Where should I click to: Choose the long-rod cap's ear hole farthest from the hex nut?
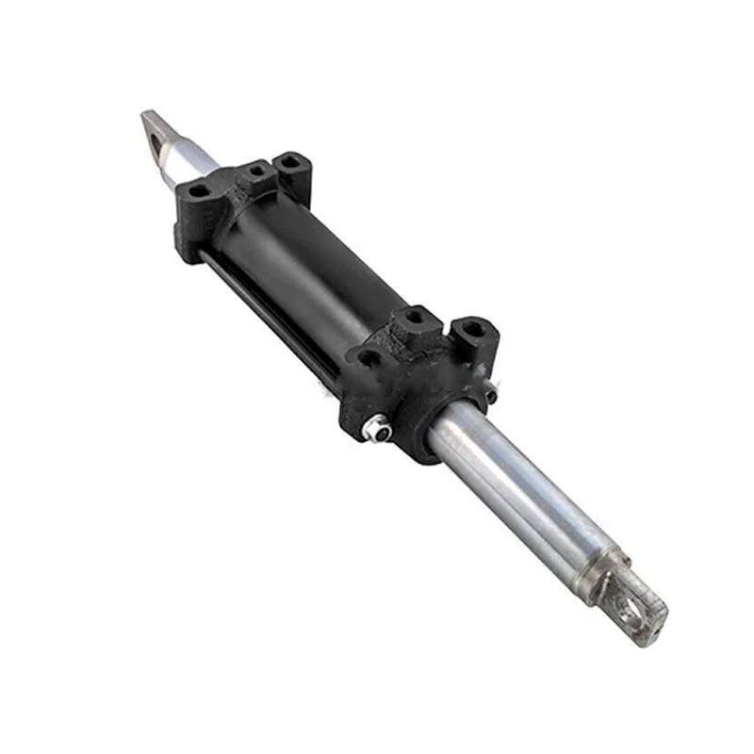(x=470, y=331)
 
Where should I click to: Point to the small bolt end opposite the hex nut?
(x=491, y=395)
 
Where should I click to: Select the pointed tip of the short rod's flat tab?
(x=146, y=115)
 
